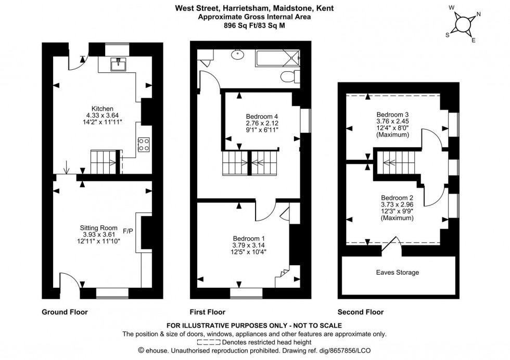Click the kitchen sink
click(x=118, y=65)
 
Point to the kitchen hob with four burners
click(x=144, y=144)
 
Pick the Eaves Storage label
click(x=398, y=272)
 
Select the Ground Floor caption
click(x=65, y=312)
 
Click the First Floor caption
click(x=208, y=312)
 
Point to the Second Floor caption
click(x=361, y=312)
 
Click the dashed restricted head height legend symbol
click(x=209, y=342)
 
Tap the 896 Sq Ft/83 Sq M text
click(x=255, y=23)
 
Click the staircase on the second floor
click(x=393, y=163)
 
